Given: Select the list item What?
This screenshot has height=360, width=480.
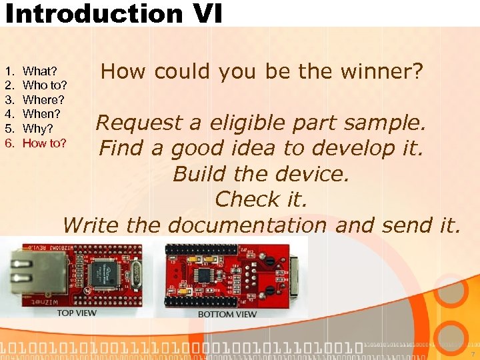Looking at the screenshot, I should pos(39,71).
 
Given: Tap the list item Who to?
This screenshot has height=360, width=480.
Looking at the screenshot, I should pos(44,85).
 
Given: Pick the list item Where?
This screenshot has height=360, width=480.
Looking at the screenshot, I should pos(43,99).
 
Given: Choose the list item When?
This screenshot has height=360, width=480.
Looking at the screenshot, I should pos(41,114).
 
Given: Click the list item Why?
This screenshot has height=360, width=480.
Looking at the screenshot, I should pos(37,128).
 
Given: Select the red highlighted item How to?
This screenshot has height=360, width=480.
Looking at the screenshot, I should pos(44,143).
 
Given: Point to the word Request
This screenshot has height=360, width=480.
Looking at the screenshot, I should pos(139,123).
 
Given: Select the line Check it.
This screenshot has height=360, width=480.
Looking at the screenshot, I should pos(261,199).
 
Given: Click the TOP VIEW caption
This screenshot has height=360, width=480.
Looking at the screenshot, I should pos(76,313).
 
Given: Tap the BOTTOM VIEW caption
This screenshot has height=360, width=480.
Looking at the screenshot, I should pos(227,314).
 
